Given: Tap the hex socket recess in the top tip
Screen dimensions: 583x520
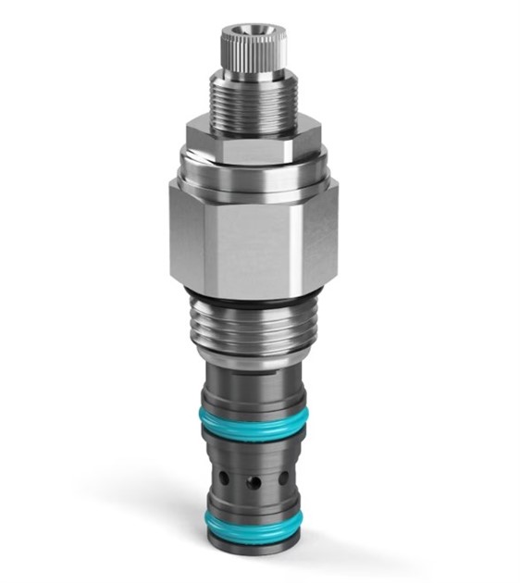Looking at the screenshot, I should tap(253, 30).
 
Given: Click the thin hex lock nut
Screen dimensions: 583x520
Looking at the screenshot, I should tap(253, 140).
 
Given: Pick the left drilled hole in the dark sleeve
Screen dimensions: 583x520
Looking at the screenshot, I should tap(224, 478).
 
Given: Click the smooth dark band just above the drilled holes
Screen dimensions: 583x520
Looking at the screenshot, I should tap(253, 453).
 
